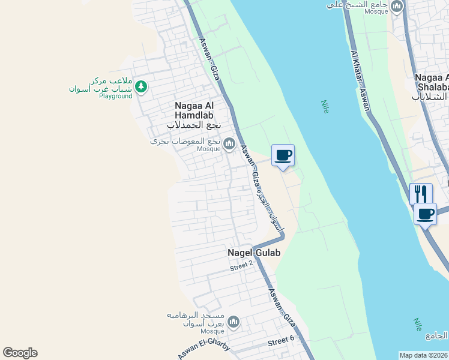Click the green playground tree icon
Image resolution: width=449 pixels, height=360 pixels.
tap(141, 88)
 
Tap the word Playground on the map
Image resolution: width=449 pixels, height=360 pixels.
tap(115, 96)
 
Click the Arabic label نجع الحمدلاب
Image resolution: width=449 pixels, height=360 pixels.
tap(194, 125)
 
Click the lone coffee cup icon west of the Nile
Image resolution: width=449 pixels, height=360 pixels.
tap(283, 155)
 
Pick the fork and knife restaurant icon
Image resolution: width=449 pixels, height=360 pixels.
tap(421, 194)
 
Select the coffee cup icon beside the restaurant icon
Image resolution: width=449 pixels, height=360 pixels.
tap(426, 214)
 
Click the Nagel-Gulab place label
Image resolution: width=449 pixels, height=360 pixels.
tap(254, 253)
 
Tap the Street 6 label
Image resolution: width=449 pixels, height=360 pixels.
tap(281, 341)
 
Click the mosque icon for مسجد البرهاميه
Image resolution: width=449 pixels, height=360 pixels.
tap(233, 323)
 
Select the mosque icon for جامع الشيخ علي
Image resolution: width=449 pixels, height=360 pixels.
tap(396, 7)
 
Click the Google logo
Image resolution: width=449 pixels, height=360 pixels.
tap(20, 353)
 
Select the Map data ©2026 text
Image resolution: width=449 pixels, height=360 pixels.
tap(424, 355)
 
